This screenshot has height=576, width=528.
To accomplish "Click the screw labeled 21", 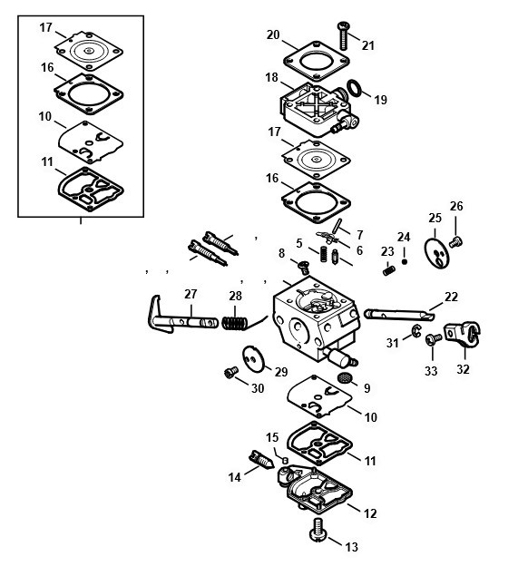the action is pyautogui.click(x=343, y=35).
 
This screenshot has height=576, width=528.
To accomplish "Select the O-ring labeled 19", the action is pyautogui.click(x=354, y=88).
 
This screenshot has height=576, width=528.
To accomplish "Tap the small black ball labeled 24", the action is pyautogui.click(x=405, y=261).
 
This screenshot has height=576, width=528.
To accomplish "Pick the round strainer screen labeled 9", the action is pyautogui.click(x=344, y=377).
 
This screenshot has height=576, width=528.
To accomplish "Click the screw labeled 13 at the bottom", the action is pyautogui.click(x=317, y=529).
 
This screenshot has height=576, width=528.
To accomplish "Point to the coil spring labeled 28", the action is pyautogui.click(x=234, y=323).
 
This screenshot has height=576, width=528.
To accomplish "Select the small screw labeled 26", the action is pyautogui.click(x=455, y=242).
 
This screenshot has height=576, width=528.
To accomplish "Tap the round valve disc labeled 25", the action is pyautogui.click(x=436, y=253).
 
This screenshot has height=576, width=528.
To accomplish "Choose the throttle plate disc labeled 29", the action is pyautogui.click(x=253, y=359).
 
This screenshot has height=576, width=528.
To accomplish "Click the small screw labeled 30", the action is pyautogui.click(x=231, y=372).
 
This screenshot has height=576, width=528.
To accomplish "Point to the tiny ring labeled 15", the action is pyautogui.click(x=285, y=460).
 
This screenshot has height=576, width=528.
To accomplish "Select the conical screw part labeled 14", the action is pyautogui.click(x=261, y=460).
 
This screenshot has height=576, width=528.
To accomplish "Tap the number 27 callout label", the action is pyautogui.click(x=191, y=294).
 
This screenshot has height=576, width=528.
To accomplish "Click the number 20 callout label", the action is pyautogui.click(x=273, y=34).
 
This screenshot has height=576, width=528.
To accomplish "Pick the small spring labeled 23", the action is pyautogui.click(x=389, y=271).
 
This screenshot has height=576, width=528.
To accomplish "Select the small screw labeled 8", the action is pyautogui.click(x=304, y=267).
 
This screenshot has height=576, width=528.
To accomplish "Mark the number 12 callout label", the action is pyautogui.click(x=370, y=513).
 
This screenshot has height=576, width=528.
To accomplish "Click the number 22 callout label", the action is pyautogui.click(x=451, y=297).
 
